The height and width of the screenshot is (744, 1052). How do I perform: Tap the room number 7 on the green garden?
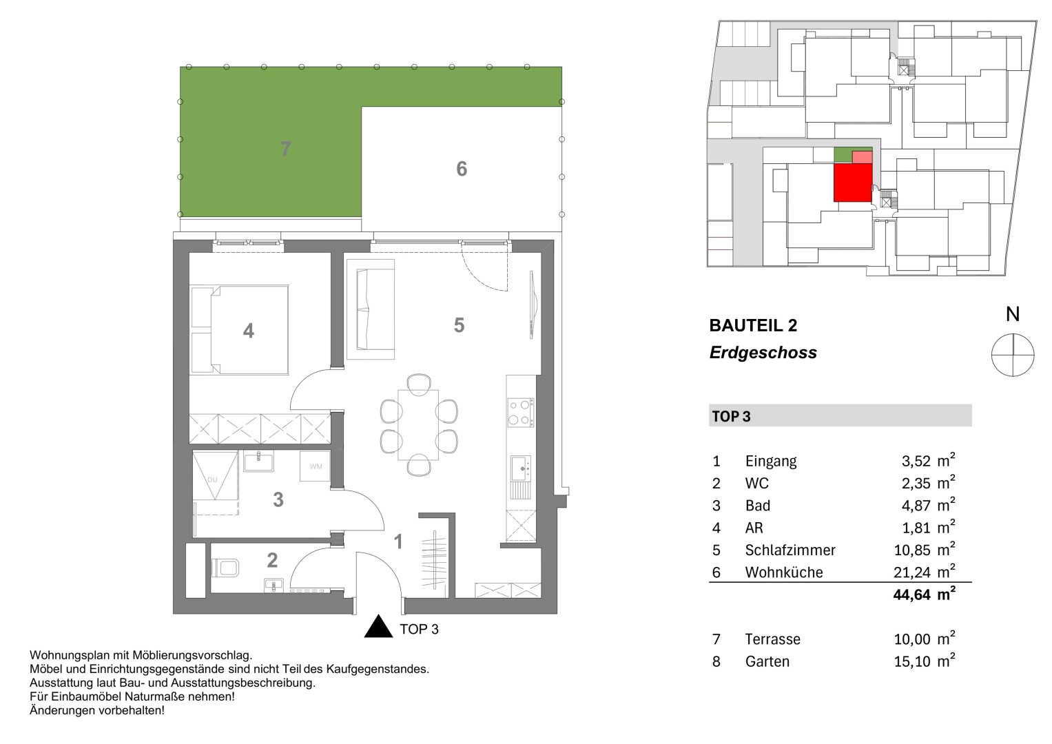pyautogui.click(x=286, y=149)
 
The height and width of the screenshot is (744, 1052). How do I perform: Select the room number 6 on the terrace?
pyautogui.click(x=462, y=169)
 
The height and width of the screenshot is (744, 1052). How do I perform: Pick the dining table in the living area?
pyautogui.click(x=418, y=424)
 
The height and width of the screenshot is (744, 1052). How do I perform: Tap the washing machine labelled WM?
pyautogui.click(x=316, y=466)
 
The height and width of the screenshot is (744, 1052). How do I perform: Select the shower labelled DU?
pyautogui.click(x=216, y=476)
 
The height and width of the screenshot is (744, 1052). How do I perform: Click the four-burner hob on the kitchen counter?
pyautogui.click(x=520, y=413)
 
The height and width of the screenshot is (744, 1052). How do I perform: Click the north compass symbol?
pyautogui.click(x=1013, y=355)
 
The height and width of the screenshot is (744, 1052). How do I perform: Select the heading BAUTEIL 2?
pyautogui.click(x=753, y=325)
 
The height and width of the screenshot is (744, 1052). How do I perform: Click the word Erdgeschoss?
pyautogui.click(x=763, y=353)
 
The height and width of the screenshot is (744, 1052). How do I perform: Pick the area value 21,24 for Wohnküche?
pyautogui.click(x=911, y=572)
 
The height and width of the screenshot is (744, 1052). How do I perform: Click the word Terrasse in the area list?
pyautogui.click(x=772, y=639)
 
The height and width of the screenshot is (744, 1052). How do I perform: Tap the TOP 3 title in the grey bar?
pyautogui.click(x=731, y=417)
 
